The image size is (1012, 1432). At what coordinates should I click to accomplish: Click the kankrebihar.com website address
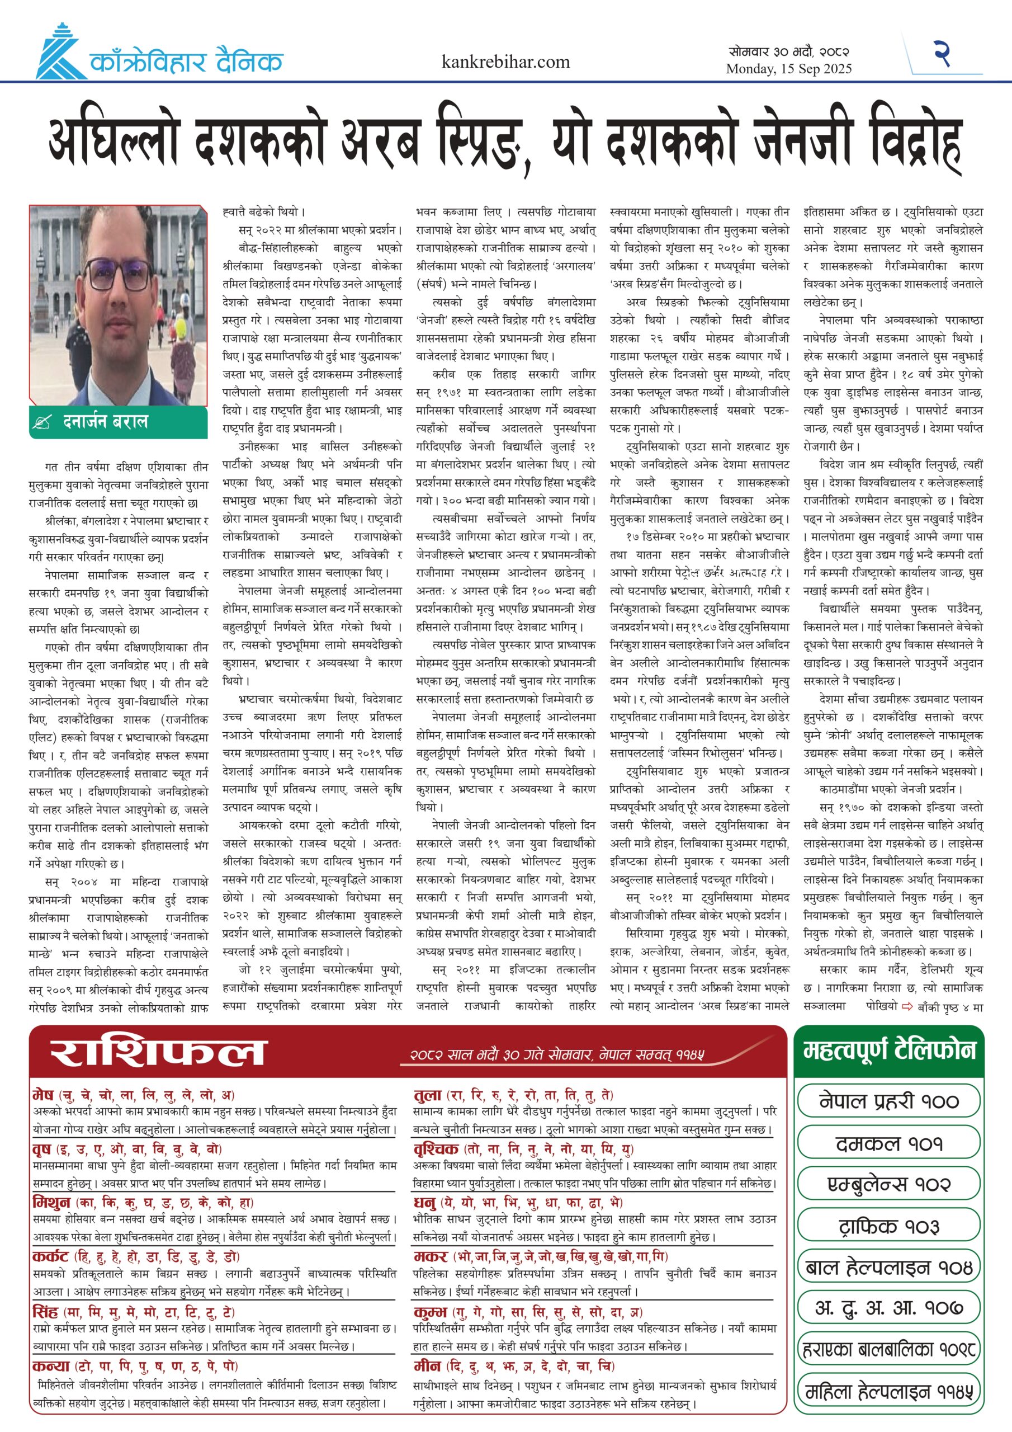click(505, 62)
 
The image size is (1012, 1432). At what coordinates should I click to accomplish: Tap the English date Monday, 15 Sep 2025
click(788, 69)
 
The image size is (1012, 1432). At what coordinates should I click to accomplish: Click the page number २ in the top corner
click(942, 54)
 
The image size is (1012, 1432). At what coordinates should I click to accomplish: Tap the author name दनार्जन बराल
click(105, 422)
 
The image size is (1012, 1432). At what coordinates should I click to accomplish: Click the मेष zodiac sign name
click(44, 1095)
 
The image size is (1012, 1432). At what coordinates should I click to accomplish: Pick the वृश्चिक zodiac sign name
click(436, 1149)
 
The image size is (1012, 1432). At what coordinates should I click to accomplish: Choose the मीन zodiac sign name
click(427, 1365)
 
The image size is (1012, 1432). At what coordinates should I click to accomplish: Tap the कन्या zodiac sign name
click(51, 1365)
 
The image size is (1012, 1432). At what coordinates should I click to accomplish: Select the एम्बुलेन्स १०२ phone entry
click(888, 1184)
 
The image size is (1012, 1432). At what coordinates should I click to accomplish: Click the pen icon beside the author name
click(42, 423)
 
